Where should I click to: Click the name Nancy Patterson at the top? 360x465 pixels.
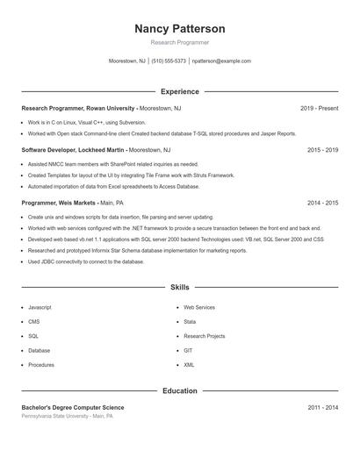pos(179,28)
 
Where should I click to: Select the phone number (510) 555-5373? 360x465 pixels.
pos(169,61)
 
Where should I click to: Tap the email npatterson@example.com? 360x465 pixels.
pos(221,61)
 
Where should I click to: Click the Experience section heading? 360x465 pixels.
pos(179,91)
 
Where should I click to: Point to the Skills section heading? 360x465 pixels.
pos(179,287)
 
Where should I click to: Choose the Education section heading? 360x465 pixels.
pos(179,390)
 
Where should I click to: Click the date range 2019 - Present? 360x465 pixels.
pos(319,109)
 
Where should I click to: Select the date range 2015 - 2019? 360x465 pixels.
pos(322,150)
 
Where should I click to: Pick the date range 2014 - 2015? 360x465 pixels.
pos(322,203)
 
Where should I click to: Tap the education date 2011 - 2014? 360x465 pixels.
pos(322,407)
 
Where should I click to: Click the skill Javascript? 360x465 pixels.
pos(40,308)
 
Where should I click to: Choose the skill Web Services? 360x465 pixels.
pos(198,308)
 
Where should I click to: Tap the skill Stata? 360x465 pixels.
pos(190,322)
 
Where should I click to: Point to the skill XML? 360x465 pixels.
pos(189,364)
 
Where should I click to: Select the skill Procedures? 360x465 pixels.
pos(40,364)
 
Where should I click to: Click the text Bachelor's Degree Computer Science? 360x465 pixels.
pos(73,407)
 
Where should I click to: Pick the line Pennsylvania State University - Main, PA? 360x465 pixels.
pos(68,416)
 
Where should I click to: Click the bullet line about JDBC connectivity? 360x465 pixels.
pos(85,261)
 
